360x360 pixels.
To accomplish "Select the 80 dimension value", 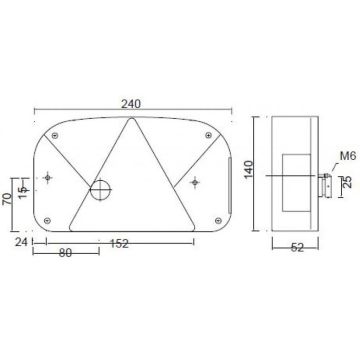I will click(65, 254).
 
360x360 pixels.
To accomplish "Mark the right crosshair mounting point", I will click(196, 181).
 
